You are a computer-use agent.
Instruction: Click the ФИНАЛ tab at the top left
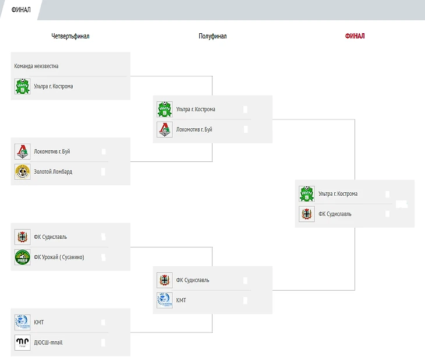[x=21, y=10]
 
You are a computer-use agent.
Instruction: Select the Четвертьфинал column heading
[x=70, y=36]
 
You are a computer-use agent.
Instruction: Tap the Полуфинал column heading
[x=212, y=36]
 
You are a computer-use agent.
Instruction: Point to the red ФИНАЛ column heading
[x=355, y=36]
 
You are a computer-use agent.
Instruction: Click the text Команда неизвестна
[x=36, y=66]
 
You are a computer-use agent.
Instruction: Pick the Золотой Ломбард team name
[x=53, y=171]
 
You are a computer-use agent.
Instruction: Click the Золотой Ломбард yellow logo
[x=23, y=172]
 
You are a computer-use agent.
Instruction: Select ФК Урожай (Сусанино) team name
[x=59, y=257]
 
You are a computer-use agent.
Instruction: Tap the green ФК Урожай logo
[x=23, y=257]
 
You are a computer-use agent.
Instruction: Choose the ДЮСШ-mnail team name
[x=48, y=343]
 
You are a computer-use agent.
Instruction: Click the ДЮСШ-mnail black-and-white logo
[x=23, y=343]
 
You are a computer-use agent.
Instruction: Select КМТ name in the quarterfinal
[x=39, y=322]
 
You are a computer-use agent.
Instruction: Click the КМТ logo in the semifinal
[x=165, y=301]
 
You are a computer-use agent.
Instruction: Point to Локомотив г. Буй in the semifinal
[x=194, y=129]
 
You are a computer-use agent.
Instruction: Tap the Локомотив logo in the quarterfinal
[x=23, y=151]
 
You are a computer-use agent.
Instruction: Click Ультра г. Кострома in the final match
[x=338, y=194]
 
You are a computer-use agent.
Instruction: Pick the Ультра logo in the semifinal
[x=165, y=110]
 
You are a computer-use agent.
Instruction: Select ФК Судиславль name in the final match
[x=335, y=214]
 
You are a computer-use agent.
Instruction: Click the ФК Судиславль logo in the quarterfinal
[x=23, y=237]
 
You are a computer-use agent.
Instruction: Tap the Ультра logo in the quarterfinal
[x=23, y=86]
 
